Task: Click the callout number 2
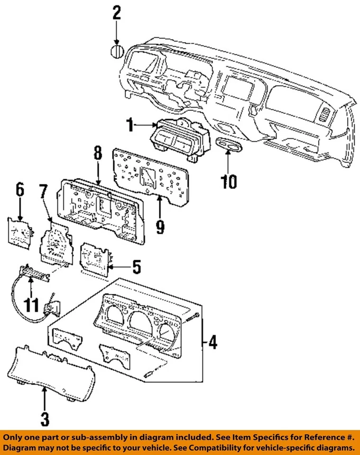pyautogui.click(x=116, y=13)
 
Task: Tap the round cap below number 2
pyautogui.click(x=117, y=51)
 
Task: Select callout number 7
pyautogui.click(x=43, y=192)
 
